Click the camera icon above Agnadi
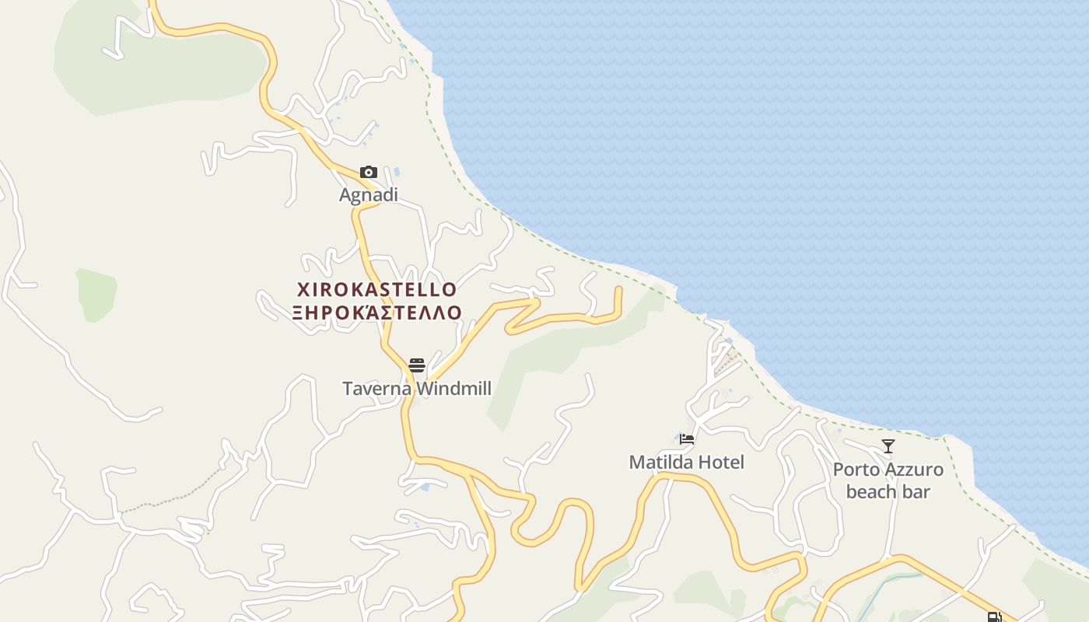(369, 173)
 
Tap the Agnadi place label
(369, 195)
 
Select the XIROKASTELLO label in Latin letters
(377, 290)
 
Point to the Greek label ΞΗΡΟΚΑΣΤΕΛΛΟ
(377, 313)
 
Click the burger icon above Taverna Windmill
(417, 365)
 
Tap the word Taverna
(377, 388)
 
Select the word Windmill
(453, 388)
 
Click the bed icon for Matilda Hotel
(687, 439)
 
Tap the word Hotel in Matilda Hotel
(721, 463)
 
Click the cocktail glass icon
(888, 446)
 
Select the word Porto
(856, 470)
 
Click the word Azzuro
(914, 470)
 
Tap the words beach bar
(888, 491)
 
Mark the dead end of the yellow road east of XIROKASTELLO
(619, 289)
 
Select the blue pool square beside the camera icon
(397, 171)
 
